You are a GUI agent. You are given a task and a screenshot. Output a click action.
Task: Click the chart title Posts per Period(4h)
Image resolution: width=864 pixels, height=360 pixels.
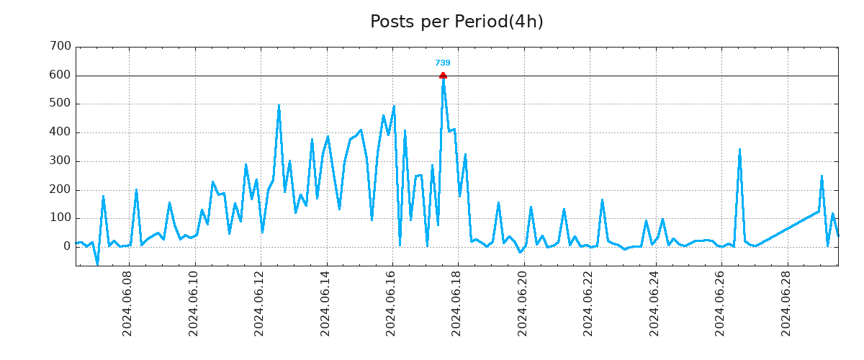[456, 22]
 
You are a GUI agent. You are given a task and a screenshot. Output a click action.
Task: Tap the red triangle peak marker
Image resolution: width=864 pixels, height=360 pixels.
[443, 75]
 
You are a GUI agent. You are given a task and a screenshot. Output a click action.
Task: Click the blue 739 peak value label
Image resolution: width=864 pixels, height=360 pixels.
[443, 63]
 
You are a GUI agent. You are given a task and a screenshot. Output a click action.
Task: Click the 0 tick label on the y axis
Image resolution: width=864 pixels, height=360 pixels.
[67, 246]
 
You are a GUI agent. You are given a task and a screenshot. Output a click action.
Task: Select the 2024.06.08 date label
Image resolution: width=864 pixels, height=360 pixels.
[128, 303]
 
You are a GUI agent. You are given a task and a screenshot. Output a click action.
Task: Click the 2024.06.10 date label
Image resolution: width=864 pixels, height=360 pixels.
[194, 303]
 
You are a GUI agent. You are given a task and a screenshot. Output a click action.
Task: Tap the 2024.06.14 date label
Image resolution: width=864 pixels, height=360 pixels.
[326, 303]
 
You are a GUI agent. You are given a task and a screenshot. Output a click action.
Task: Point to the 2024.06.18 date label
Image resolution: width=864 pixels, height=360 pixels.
[457, 303]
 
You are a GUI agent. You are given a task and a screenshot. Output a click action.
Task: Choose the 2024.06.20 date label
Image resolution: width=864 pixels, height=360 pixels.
[523, 303]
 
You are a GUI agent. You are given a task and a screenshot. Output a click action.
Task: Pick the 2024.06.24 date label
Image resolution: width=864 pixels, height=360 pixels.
[654, 303]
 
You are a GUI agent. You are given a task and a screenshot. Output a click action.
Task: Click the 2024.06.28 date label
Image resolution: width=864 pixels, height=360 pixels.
[786, 303]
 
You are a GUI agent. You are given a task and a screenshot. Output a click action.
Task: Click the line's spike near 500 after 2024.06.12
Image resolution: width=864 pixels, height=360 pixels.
[279, 106]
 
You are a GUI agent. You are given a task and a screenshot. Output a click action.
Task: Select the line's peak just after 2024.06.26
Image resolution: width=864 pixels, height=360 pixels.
[739, 150]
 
